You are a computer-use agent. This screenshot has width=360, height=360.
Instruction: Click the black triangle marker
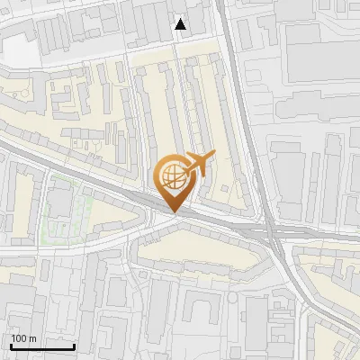click(x=181, y=24)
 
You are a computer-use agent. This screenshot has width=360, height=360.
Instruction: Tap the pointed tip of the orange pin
click(x=172, y=212)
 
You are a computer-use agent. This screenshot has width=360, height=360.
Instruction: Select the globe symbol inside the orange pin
click(x=172, y=175)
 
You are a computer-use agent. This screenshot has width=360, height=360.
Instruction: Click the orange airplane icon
click(x=199, y=163)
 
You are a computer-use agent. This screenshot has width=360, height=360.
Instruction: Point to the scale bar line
click(x=41, y=346)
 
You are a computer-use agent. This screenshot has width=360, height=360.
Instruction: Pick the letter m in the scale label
click(x=33, y=338)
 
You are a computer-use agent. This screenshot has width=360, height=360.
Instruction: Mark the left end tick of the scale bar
click(x=10, y=345)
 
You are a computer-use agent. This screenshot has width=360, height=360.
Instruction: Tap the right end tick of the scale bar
click(x=74, y=345)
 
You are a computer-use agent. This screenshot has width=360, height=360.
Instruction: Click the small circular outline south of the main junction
click(x=233, y=296)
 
